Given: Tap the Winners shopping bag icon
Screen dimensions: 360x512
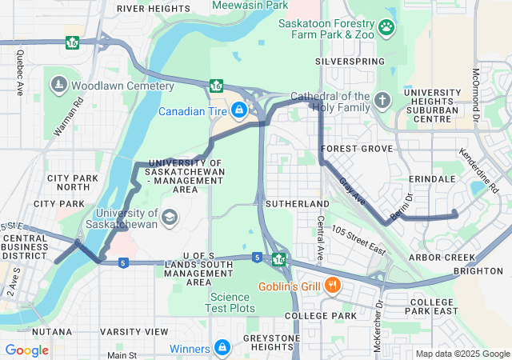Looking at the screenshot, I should pyautogui.click(x=222, y=348).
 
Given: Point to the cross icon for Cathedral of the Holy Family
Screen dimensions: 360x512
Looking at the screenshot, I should pyautogui.click(x=382, y=100).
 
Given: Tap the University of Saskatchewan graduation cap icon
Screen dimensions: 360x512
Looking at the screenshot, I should pyautogui.click(x=170, y=217).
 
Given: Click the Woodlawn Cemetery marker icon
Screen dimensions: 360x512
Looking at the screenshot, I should pyautogui.click(x=58, y=85).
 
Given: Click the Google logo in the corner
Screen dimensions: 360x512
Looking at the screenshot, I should pyautogui.click(x=26, y=350).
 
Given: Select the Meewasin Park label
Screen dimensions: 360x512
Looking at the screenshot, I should pyautogui.click(x=250, y=6).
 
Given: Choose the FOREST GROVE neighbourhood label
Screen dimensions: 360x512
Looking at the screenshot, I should pyautogui.click(x=357, y=149).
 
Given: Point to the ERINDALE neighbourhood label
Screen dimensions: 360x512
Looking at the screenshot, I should pyautogui.click(x=431, y=178).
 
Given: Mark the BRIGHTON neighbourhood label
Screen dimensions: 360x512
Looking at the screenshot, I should pyautogui.click(x=478, y=271).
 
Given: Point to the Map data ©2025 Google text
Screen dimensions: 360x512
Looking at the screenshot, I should pyautogui.click(x=462, y=354).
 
